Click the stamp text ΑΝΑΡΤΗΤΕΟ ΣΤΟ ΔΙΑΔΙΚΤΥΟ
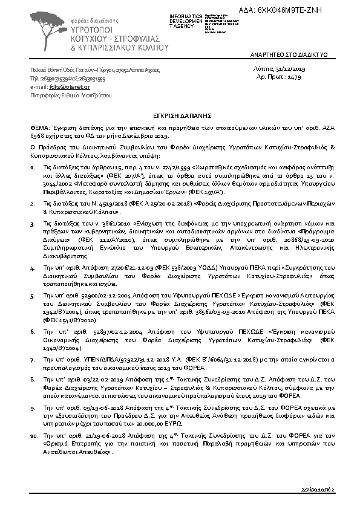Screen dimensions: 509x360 coord(289,54)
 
